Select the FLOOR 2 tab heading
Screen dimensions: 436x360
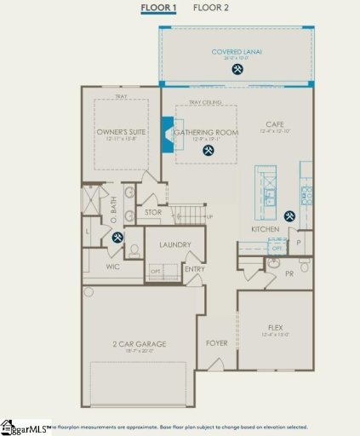click(210, 8)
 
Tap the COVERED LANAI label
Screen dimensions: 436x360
click(237, 53)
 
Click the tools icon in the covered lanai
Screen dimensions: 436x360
click(237, 70)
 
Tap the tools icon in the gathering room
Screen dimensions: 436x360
click(209, 151)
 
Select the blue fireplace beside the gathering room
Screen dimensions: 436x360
click(168, 134)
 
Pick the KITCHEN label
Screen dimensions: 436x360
click(266, 229)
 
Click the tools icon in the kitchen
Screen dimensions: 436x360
click(290, 216)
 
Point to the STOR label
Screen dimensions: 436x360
click(153, 212)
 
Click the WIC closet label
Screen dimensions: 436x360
click(113, 267)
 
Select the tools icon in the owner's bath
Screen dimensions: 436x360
click(117, 238)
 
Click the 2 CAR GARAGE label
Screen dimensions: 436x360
click(139, 344)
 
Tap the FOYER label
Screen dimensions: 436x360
click(216, 344)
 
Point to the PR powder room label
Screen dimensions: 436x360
click(289, 274)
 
